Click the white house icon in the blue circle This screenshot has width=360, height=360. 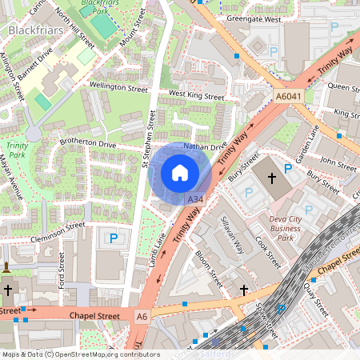(180, 173)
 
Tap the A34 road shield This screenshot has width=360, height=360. (194, 198)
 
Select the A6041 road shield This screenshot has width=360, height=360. (289, 96)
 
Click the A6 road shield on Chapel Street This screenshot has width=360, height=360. (142, 316)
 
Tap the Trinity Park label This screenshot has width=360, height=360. (17, 151)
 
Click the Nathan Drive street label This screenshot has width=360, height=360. (206, 147)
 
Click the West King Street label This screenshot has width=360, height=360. (197, 95)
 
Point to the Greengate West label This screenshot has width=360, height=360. (254, 18)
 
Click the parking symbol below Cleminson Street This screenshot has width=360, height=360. (114, 238)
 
